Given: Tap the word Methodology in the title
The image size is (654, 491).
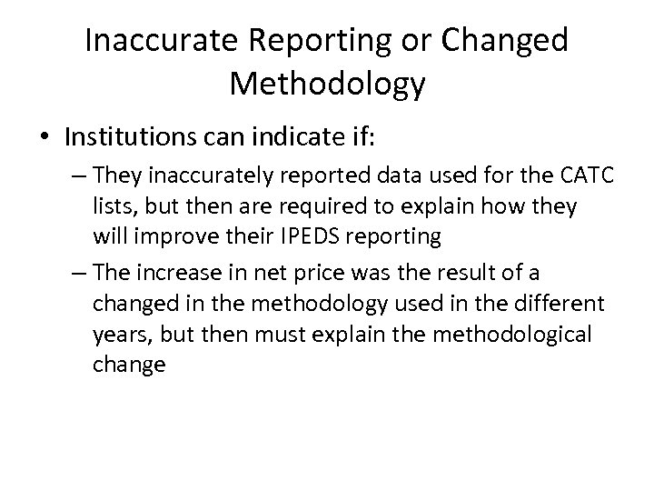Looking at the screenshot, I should [327, 84].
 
